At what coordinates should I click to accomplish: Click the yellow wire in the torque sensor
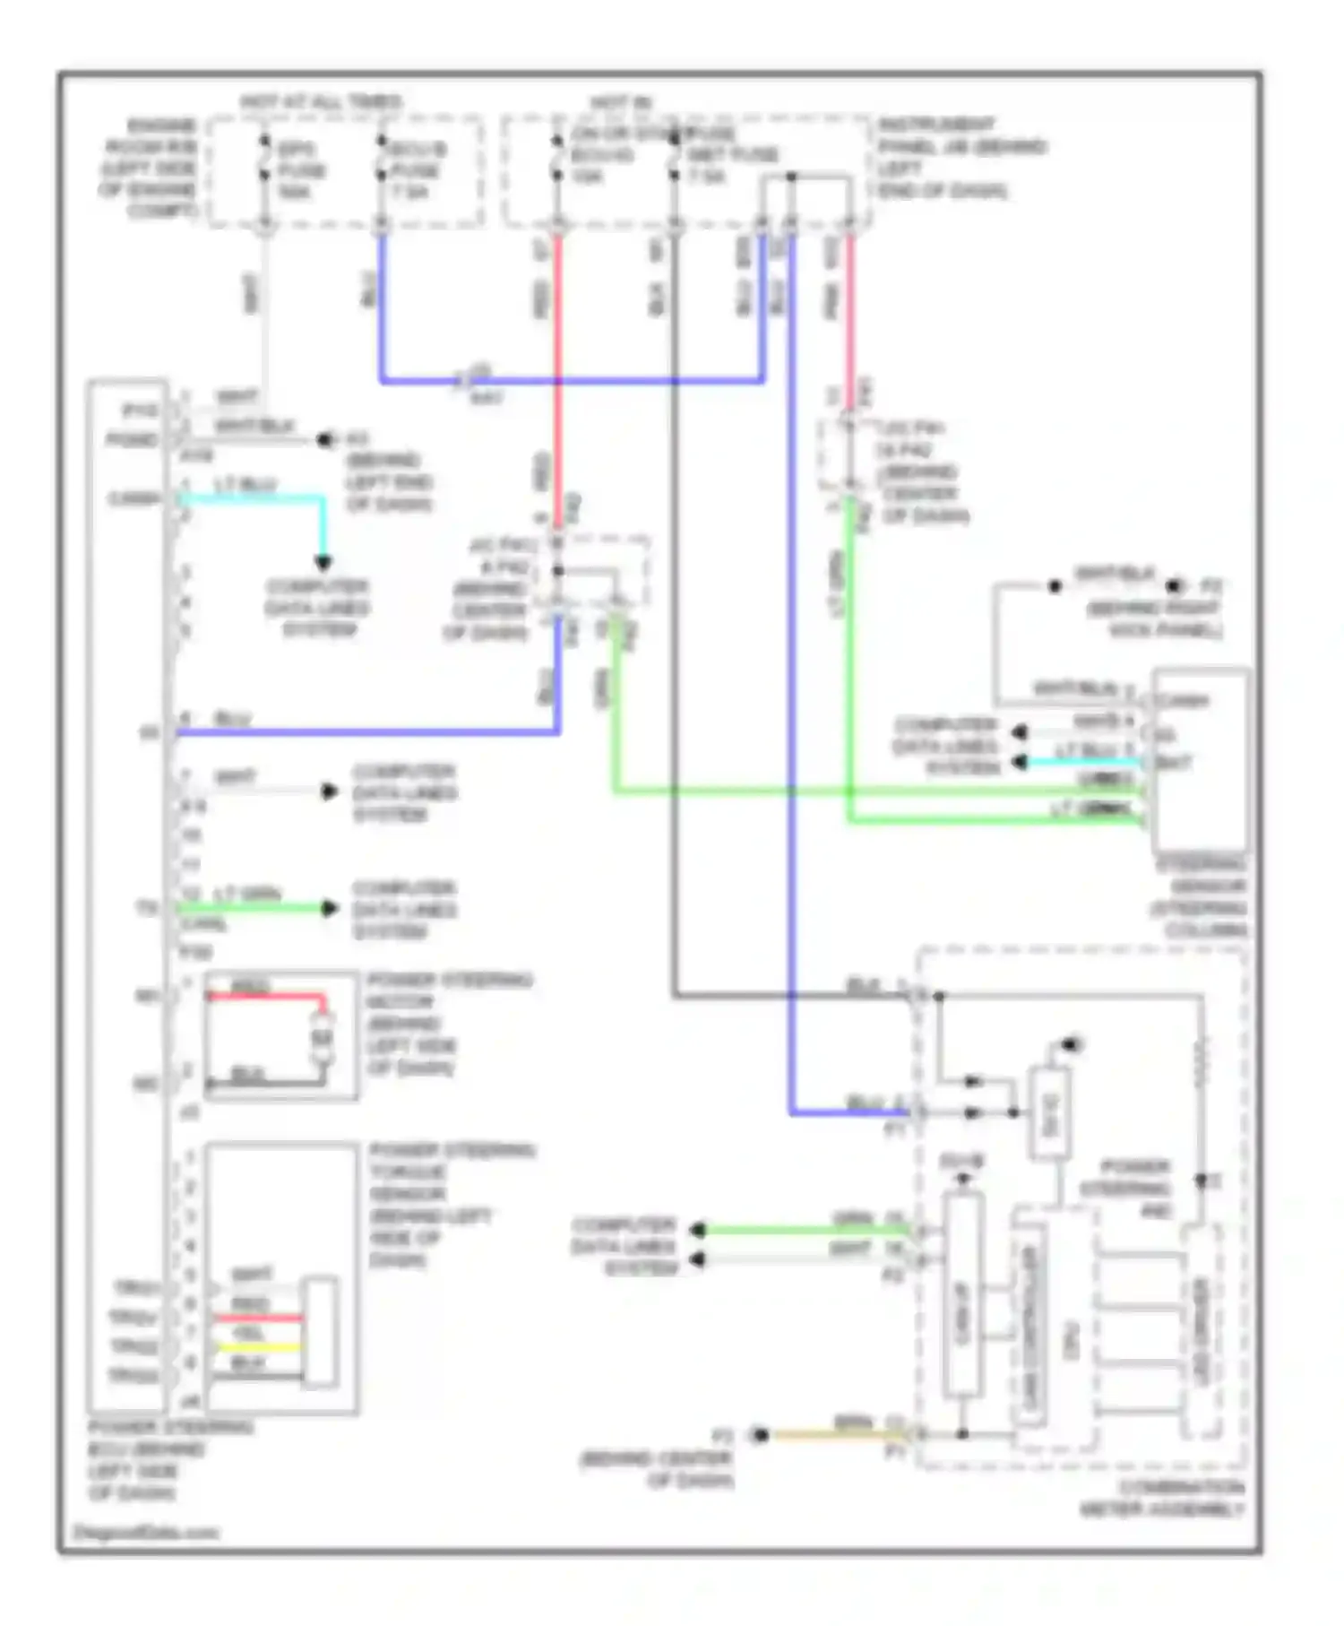coord(260,1347)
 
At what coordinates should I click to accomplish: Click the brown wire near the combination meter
coord(833,1435)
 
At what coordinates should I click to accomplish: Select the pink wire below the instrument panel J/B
coord(849,305)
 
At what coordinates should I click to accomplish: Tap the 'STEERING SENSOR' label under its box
coord(1201,897)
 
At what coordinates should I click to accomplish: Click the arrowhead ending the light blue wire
coord(323,563)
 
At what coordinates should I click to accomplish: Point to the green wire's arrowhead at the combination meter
coord(698,1230)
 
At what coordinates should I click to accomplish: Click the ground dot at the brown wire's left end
coord(760,1435)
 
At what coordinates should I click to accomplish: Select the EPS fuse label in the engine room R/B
coord(300,170)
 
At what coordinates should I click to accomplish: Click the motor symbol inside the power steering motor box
coord(323,1038)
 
